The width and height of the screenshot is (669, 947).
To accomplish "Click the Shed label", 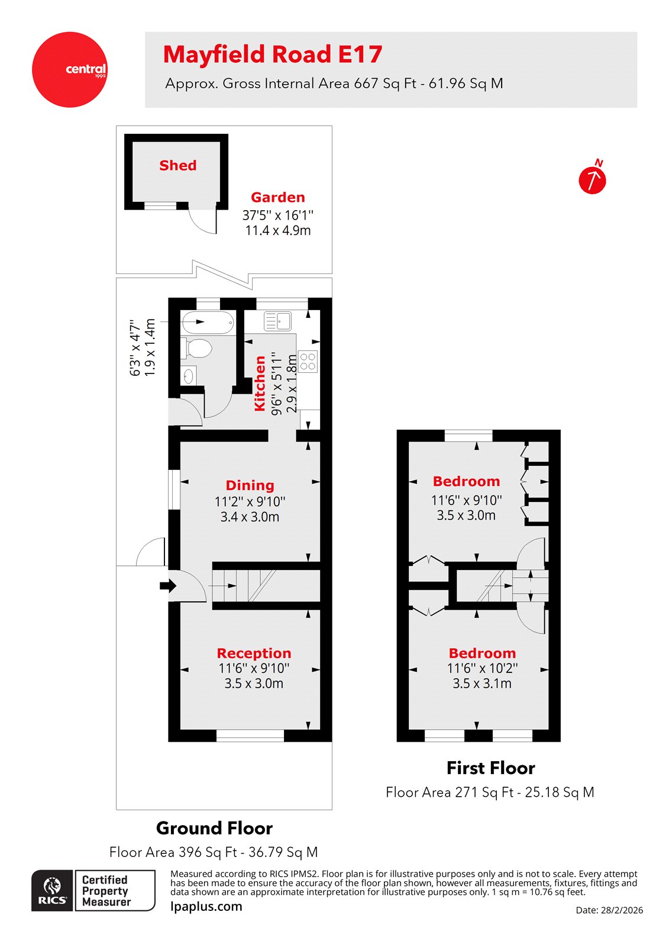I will (177, 166).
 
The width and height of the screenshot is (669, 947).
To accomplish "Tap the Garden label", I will (277, 198).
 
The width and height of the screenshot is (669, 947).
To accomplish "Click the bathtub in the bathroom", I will (207, 323).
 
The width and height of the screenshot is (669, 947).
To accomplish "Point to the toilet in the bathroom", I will (198, 348).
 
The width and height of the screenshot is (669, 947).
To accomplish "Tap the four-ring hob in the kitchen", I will (308, 362).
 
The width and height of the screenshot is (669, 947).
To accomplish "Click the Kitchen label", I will (260, 384).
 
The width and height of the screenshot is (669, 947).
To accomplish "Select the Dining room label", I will (250, 485).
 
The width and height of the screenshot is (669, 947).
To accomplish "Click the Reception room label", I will (254, 653).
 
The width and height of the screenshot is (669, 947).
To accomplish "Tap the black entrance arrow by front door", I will (168, 586).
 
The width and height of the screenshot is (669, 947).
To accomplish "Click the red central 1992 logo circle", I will (70, 70).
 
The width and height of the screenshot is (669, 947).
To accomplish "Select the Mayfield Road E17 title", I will (273, 54).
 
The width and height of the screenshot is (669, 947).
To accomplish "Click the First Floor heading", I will (490, 768).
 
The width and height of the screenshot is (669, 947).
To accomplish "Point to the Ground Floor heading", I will (214, 828).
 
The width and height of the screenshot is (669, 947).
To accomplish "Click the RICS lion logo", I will (53, 890).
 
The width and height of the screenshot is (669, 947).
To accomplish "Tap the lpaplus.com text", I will (206, 907).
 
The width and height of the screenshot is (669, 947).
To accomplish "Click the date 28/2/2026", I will (609, 910).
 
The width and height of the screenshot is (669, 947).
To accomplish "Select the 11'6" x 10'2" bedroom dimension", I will (482, 669).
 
